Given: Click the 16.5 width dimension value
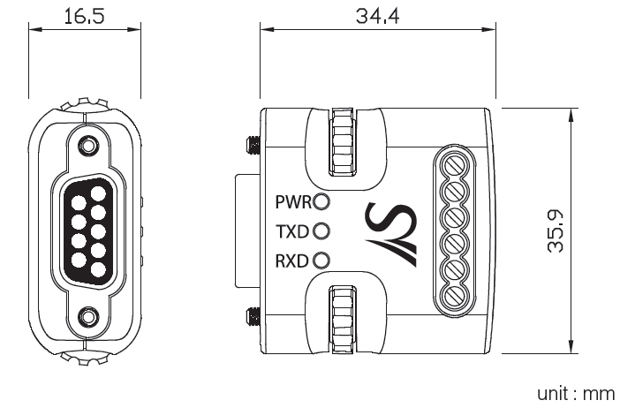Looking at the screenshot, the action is click(84, 17).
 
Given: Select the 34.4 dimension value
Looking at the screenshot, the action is click(377, 17).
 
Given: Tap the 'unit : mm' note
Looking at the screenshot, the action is click(576, 394).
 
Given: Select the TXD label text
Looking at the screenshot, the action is click(291, 231).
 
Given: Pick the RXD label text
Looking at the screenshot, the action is click(291, 261).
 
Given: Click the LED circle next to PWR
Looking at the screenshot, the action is click(321, 201).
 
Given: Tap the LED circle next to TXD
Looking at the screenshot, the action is click(321, 231).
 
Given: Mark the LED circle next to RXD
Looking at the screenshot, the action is click(321, 261).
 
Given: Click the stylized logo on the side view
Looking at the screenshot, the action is click(391, 234).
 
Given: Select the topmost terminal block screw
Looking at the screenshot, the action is click(455, 166).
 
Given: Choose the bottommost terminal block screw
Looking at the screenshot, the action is click(455, 298).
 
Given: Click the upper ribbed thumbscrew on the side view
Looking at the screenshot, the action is click(343, 141).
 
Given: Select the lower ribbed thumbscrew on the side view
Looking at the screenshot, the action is click(343, 320).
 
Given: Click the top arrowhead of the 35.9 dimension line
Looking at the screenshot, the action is click(571, 116).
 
